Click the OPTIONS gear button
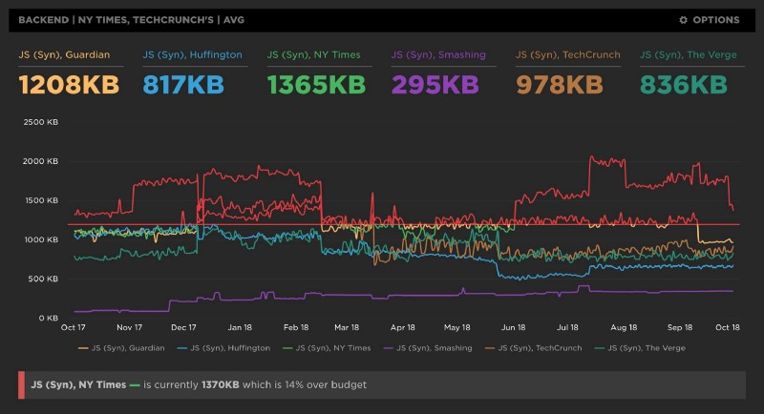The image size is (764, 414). pos(709,19)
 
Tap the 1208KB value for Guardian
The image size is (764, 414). pos(69,85)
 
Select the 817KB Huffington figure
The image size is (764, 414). pos(183,85)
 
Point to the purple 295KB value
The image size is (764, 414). pos(435,85)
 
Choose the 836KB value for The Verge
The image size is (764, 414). pos(684,85)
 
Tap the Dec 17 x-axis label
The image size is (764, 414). pos(184,326)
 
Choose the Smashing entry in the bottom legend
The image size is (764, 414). pos(434,348)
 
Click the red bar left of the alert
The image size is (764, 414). pos(22,384)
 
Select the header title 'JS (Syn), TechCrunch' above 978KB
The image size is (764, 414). pos(567,55)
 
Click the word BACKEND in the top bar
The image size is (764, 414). pos(41,19)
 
